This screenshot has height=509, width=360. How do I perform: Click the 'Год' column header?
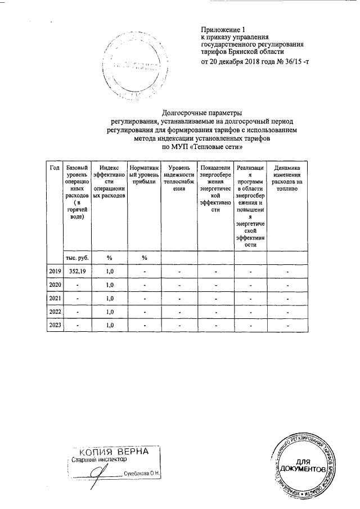point(55,168)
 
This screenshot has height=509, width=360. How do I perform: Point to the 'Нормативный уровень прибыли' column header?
point(144,175)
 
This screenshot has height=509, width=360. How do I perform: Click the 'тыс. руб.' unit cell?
point(76,257)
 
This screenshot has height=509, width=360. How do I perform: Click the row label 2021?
point(55,298)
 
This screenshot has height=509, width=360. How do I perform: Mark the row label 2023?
point(55,325)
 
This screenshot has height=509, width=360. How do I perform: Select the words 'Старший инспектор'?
point(97,460)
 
